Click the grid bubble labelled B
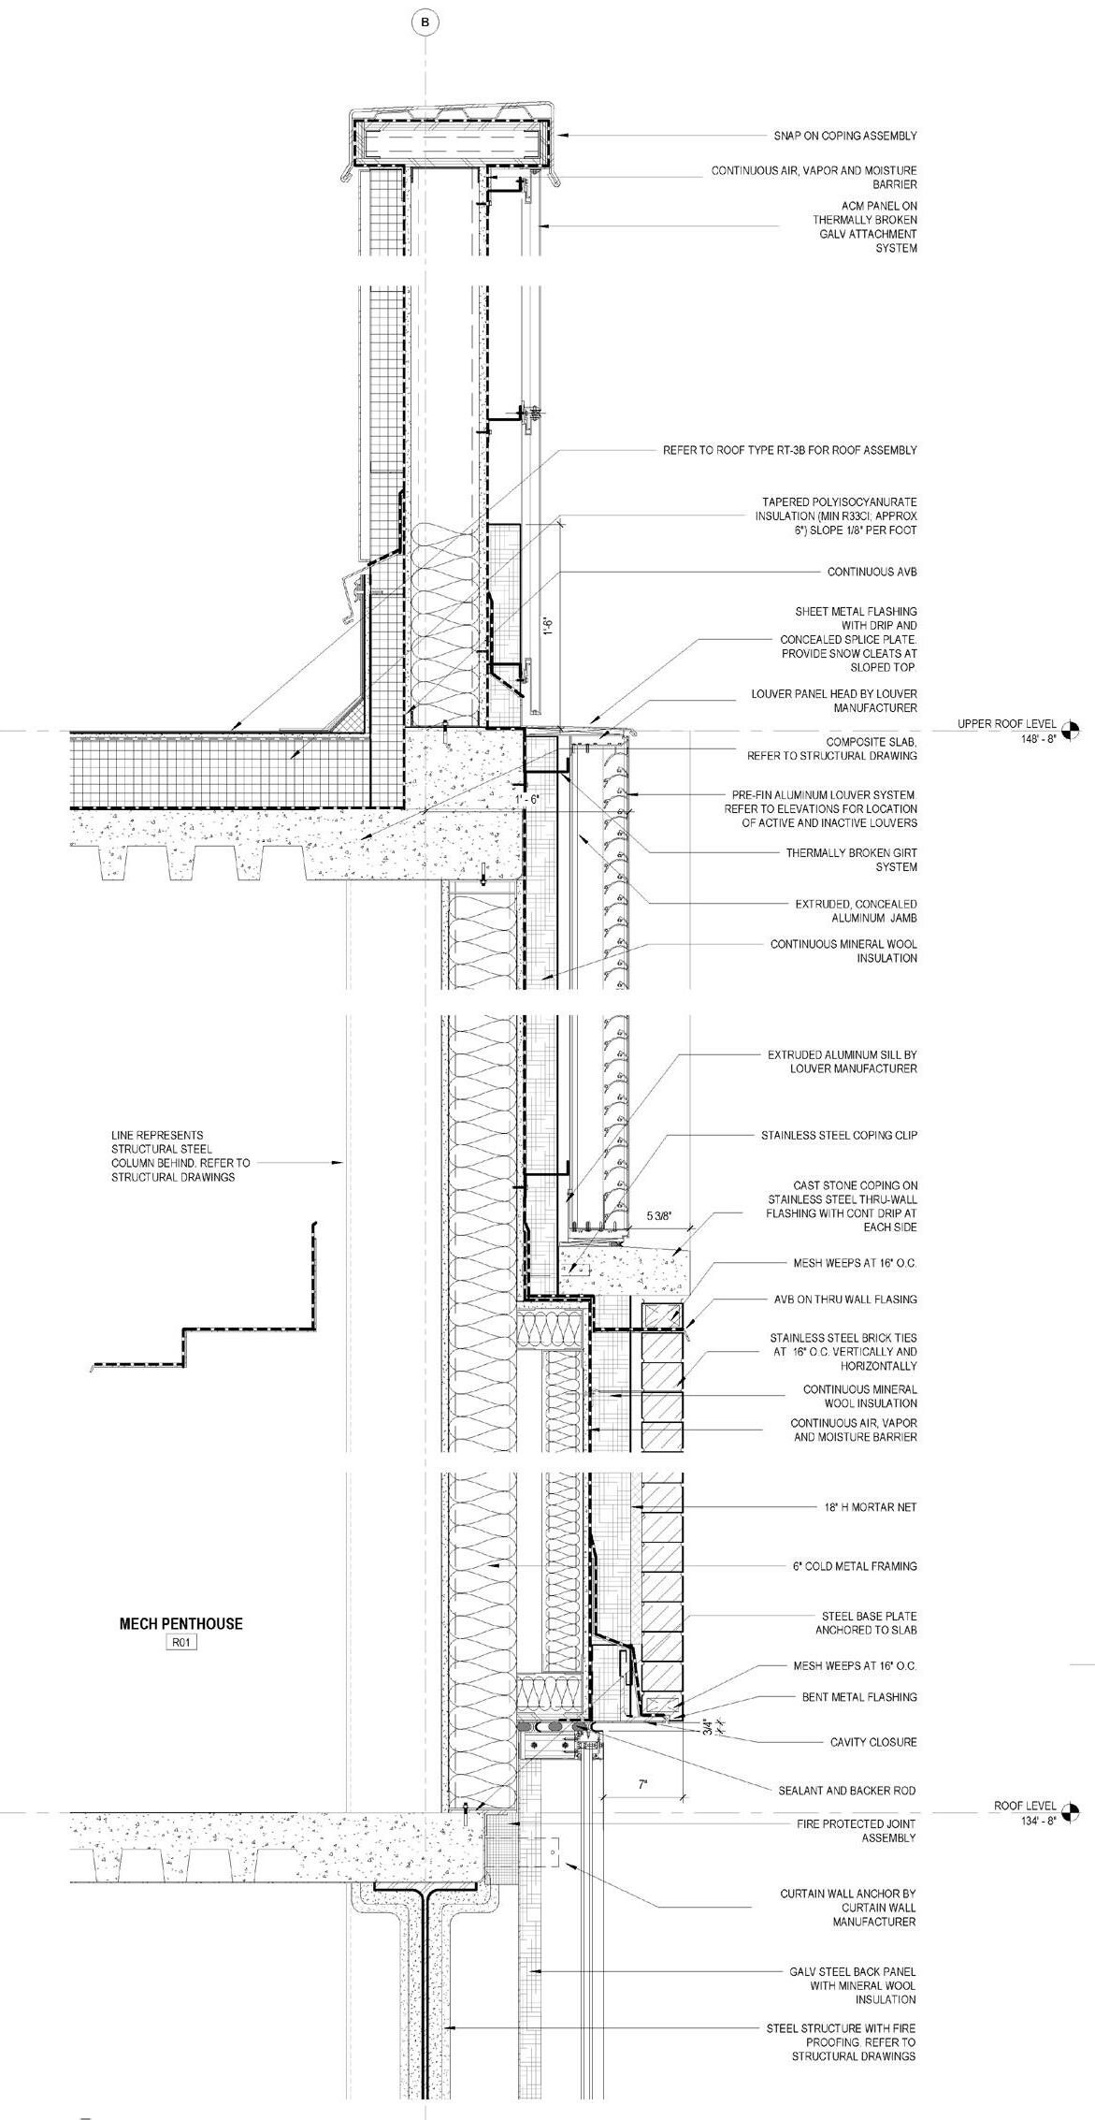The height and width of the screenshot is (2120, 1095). (x=425, y=22)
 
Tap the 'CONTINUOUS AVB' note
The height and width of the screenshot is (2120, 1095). (x=872, y=572)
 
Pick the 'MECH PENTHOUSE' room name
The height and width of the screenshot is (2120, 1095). (x=180, y=1624)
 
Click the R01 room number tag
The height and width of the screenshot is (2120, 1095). (x=180, y=1642)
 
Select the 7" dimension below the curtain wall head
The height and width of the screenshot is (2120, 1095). (x=642, y=1784)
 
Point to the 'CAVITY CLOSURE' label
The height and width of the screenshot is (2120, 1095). (x=873, y=1742)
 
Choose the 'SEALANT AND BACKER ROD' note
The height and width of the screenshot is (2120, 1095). (x=847, y=1790)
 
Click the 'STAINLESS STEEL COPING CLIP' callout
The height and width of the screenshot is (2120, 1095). (x=839, y=1135)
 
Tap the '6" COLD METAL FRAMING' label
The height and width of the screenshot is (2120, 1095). (x=855, y=1565)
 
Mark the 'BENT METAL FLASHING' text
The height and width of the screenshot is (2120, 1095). (x=859, y=1696)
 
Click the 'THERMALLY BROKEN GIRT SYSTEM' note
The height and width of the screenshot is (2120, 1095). (x=851, y=860)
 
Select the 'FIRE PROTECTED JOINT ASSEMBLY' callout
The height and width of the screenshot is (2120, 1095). (x=856, y=1831)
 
